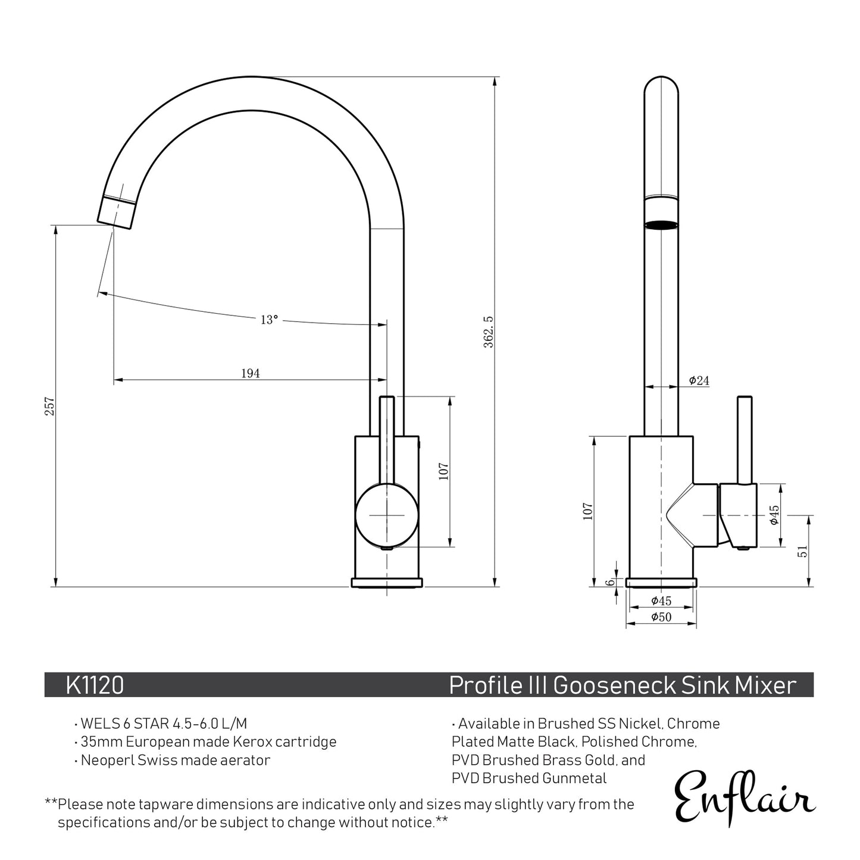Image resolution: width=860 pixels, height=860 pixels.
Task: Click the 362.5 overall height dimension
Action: coord(489,332)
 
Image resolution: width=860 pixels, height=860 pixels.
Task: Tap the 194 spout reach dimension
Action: coord(250,373)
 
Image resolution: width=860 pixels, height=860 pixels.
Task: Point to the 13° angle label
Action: coord(269,320)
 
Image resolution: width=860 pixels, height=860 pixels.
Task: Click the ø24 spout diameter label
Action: coord(699,380)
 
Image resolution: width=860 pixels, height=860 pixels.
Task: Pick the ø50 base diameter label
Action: coord(661,617)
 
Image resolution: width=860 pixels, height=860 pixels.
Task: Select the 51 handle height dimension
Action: coord(803,551)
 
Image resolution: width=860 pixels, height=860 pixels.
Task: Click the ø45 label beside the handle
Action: coord(774,515)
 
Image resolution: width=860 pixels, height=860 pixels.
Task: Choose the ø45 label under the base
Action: coord(661,601)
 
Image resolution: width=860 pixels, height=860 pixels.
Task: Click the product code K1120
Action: coord(95,685)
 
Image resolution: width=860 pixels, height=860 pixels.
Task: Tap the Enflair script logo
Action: coord(744,796)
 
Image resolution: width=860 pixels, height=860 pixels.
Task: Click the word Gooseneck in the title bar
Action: coord(614,685)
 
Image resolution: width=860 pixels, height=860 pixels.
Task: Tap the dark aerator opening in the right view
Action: coord(661,224)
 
